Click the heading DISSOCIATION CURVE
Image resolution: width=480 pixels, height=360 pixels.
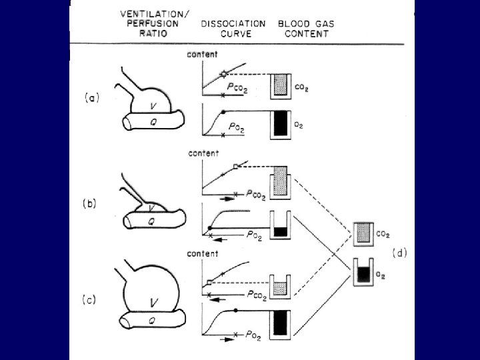click(x=233, y=28)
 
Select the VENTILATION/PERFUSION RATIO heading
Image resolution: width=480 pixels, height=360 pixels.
click(x=149, y=23)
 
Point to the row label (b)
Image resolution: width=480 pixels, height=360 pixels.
click(x=88, y=204)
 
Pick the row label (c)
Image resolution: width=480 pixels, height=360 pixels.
click(x=88, y=300)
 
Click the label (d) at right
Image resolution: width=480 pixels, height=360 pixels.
click(x=401, y=253)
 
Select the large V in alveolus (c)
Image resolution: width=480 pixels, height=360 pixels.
click(x=154, y=303)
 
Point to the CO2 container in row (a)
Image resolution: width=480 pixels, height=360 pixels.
click(x=281, y=85)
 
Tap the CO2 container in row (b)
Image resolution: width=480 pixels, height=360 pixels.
click(x=281, y=181)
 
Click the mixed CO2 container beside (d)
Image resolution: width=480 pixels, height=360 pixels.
click(x=363, y=234)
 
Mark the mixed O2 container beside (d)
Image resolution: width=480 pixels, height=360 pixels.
click(x=363, y=271)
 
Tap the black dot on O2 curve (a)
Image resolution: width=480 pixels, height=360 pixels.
click(x=223, y=110)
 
